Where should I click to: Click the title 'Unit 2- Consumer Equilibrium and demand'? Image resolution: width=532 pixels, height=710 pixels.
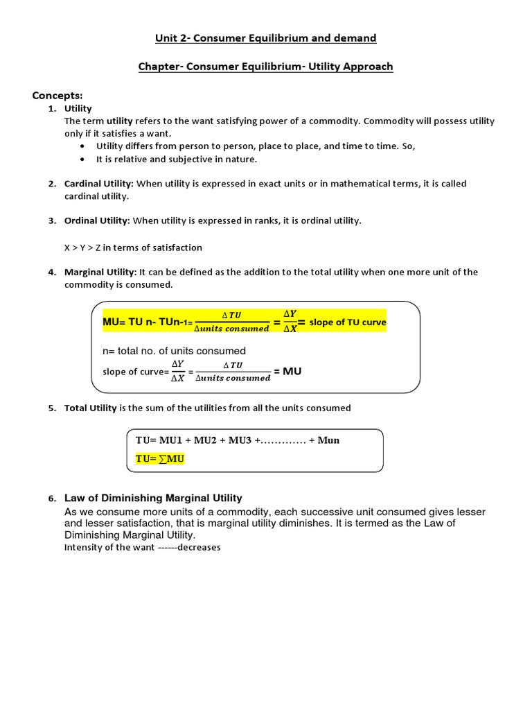[266, 38]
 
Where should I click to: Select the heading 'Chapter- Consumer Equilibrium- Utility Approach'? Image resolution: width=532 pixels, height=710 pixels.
[266, 67]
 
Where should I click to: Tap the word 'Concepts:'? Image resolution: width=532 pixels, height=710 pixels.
[57, 95]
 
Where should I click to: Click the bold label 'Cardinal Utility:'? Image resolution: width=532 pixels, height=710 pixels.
[99, 184]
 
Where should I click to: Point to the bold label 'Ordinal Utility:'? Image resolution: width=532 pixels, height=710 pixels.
[97, 220]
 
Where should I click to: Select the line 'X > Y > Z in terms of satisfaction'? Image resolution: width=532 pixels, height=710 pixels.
[133, 248]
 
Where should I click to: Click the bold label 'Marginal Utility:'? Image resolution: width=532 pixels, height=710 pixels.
[100, 272]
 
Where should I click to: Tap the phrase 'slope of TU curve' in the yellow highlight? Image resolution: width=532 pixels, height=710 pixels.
[348, 322]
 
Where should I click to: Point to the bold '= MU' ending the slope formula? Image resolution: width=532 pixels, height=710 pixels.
[287, 372]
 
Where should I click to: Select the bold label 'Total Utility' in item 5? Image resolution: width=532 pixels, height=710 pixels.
[91, 408]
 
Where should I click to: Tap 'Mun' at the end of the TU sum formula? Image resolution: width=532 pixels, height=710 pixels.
[328, 440]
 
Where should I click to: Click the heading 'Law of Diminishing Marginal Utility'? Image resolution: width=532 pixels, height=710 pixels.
[153, 498]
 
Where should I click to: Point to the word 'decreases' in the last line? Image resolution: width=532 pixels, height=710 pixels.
[199, 547]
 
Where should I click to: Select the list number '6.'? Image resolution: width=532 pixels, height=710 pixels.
[52, 499]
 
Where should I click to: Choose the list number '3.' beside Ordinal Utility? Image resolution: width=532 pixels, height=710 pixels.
[52, 221]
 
